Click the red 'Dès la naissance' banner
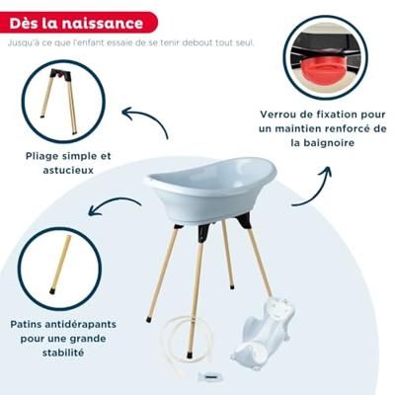[x=78, y=23]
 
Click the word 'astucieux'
[x=68, y=171]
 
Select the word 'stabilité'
[x=63, y=353]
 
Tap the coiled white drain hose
[x=185, y=343]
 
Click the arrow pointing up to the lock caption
[x=319, y=191]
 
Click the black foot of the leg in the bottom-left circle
[x=52, y=291]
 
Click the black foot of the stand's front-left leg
[x=149, y=319]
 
